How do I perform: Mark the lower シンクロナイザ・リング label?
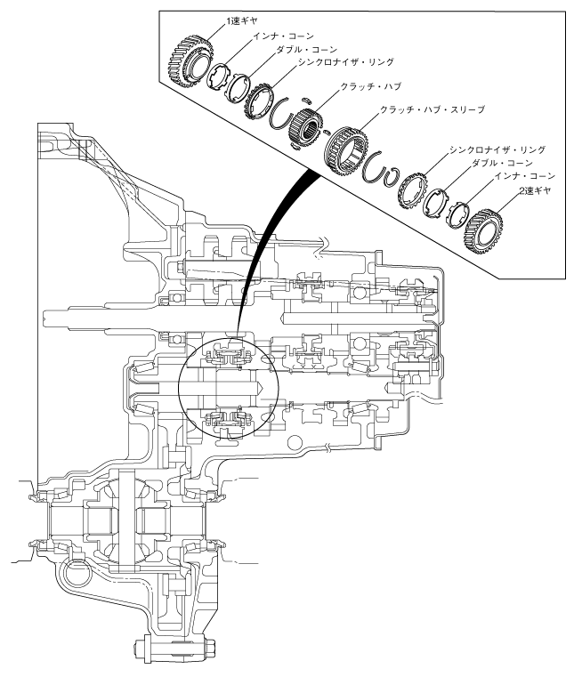coord(498,149)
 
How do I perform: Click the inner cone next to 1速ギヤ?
coord(220,77)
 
